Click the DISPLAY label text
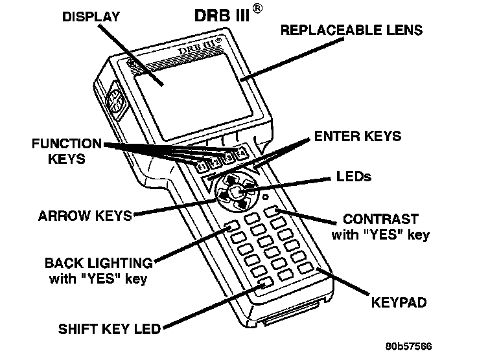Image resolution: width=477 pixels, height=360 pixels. tap(91, 17)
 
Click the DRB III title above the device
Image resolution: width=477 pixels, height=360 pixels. tap(222, 15)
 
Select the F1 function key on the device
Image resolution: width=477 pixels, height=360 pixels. tap(202, 168)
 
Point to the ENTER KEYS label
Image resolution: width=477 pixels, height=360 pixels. tap(358, 136)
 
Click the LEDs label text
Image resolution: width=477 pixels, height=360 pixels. tap(355, 176)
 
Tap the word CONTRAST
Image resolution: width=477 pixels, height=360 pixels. tap(380, 219)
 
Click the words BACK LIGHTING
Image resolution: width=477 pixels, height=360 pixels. tap(99, 264)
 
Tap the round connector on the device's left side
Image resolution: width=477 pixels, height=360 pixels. tap(113, 102)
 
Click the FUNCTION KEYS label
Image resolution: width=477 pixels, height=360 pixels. tap(67, 150)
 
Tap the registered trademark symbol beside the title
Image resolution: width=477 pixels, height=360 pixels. tap(258, 8)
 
